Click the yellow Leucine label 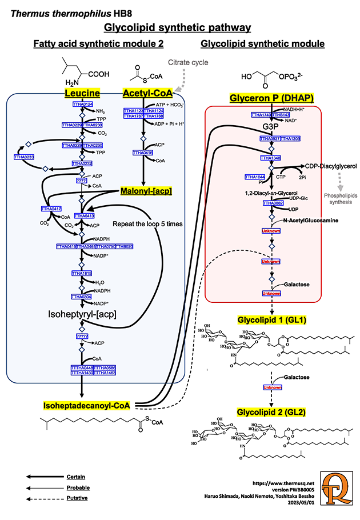click(x=82, y=93)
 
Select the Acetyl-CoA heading click(x=148, y=93)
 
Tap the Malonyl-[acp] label click(x=146, y=191)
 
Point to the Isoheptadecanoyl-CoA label click(x=86, y=405)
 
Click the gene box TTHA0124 click(x=82, y=104)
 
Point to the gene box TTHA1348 click(x=271, y=158)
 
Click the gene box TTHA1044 click(x=255, y=177)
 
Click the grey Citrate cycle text click(x=187, y=62)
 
